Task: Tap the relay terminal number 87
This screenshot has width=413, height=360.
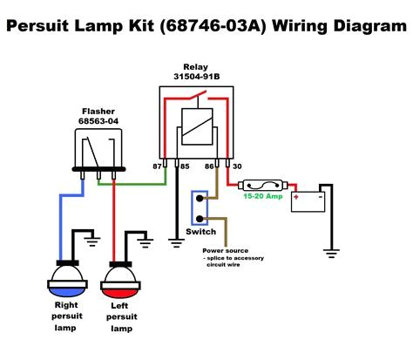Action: click(157, 165)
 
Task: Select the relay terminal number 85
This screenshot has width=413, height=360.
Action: click(184, 165)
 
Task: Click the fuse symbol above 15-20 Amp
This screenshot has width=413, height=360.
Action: click(265, 185)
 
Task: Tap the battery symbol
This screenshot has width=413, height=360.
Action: click(306, 197)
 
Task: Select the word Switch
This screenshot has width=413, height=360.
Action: click(201, 233)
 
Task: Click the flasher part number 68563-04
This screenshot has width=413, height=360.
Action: click(98, 121)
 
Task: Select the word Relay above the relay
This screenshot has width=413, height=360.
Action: click(197, 66)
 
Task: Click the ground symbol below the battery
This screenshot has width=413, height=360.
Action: click(331, 254)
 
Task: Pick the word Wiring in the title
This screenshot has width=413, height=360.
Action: click(290, 27)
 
